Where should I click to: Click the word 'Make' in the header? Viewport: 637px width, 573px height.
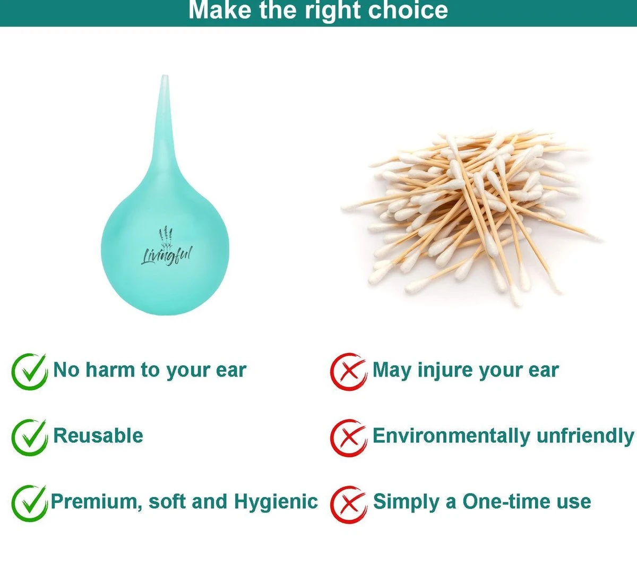click(x=221, y=10)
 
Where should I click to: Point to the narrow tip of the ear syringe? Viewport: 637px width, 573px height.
click(x=165, y=77)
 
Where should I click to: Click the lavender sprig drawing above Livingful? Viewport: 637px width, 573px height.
click(x=166, y=237)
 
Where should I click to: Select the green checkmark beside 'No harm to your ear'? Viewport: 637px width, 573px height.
click(x=29, y=372)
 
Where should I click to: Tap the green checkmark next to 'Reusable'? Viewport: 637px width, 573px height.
click(x=29, y=437)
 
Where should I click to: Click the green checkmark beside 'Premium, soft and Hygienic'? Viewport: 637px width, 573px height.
click(x=29, y=503)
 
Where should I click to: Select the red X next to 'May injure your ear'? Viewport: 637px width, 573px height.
click(x=348, y=372)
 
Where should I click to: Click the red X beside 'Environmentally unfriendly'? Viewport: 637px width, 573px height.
click(x=348, y=438)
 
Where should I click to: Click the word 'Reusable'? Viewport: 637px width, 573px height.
click(x=98, y=435)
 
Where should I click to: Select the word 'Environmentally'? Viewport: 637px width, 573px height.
click(x=451, y=436)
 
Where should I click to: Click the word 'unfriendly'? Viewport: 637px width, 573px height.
click(x=585, y=435)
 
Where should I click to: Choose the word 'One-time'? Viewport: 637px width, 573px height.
click(x=507, y=501)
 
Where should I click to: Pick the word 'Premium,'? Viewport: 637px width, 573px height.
click(x=96, y=502)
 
